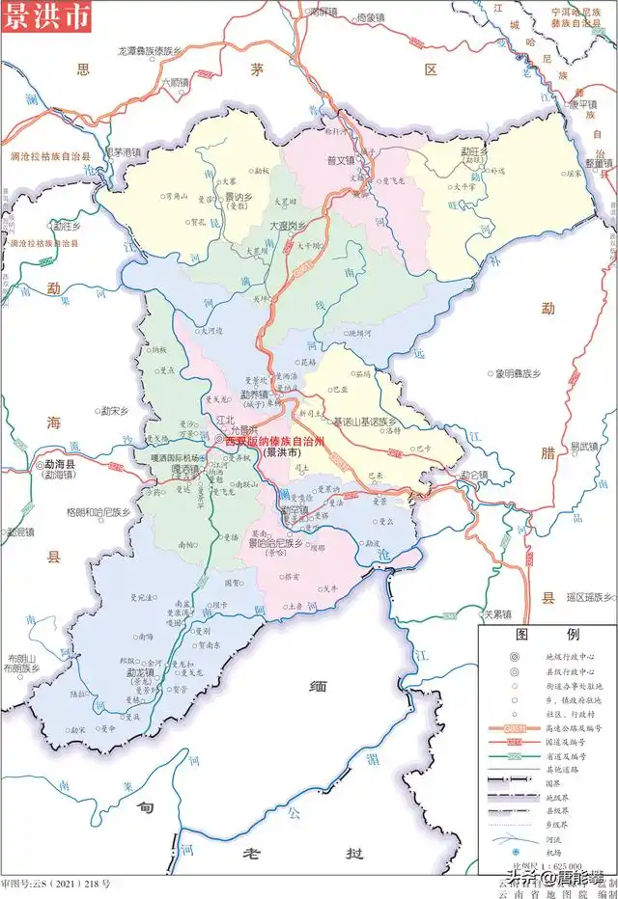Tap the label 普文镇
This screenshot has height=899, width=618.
342,161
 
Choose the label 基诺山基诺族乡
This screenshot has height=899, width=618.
365,422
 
